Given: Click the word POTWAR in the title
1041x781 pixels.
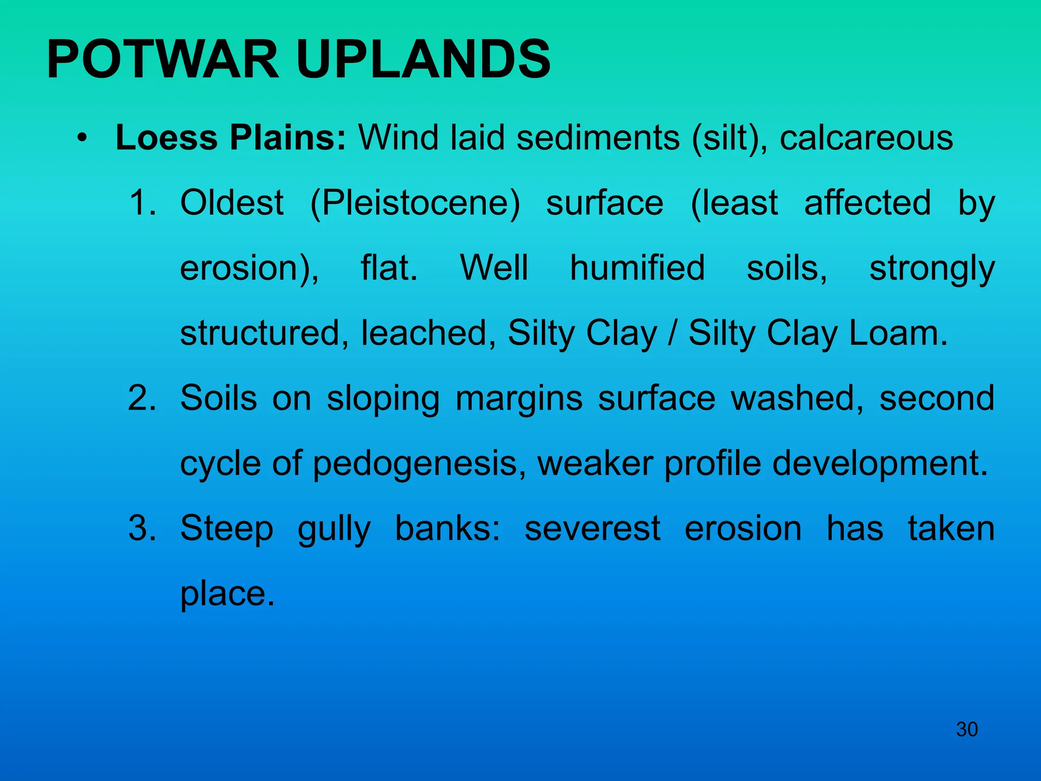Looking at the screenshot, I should coord(163,60).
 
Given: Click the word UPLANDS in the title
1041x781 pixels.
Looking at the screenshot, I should coord(423,60).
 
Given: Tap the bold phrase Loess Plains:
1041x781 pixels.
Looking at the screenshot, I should coord(231,138).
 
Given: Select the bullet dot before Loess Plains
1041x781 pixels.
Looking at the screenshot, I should coord(82,138).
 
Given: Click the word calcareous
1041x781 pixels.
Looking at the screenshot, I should coord(866,138).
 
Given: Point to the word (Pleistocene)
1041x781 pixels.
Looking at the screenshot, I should coord(415,203).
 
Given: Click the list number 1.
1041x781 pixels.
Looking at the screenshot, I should coord(142,202).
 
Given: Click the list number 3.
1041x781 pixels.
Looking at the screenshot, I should coord(142,528).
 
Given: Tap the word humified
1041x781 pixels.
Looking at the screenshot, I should coord(637,268).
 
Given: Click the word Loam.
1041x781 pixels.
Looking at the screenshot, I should coord(898,333).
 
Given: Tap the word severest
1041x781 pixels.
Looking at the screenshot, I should coord(592,528).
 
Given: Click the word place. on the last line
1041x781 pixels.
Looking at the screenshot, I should coord(227,594).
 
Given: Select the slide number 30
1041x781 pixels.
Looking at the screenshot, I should coord(967,729).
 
